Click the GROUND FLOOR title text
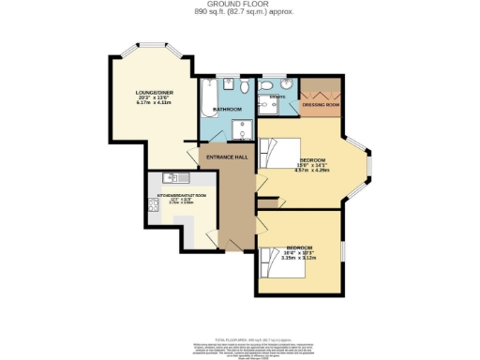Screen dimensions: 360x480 pyautogui.click(x=240, y=4)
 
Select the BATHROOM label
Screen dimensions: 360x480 pyautogui.click(x=227, y=110)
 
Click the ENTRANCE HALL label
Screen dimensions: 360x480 pyautogui.click(x=225, y=155)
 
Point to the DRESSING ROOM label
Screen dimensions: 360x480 pyautogui.click(x=321, y=104)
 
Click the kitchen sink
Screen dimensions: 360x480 pyautogui.click(x=174, y=177)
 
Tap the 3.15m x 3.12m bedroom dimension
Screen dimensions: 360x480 pyautogui.click(x=299, y=258)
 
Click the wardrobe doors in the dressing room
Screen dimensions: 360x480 pyautogui.click(x=321, y=91)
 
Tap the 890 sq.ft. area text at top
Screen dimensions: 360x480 pyautogui.click(x=240, y=11)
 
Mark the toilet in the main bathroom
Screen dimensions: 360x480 pyautogui.click(x=244, y=88)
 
